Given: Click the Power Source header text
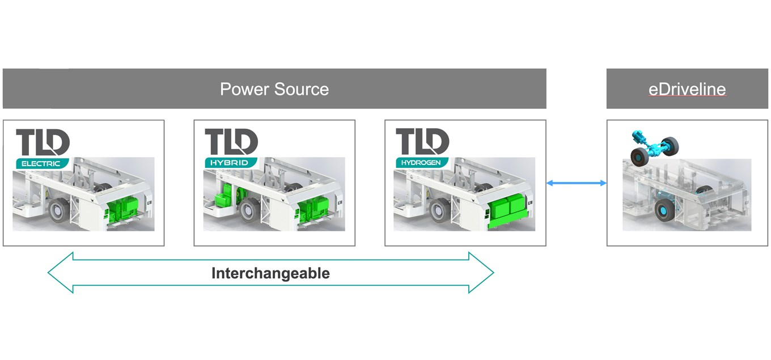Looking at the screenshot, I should click(x=274, y=89).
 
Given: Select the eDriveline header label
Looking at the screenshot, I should click(x=687, y=89).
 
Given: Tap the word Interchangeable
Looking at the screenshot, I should click(x=270, y=273).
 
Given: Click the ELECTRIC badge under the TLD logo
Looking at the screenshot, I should click(x=41, y=163).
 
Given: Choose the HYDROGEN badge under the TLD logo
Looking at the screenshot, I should click(x=421, y=163).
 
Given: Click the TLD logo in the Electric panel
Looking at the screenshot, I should click(x=43, y=142).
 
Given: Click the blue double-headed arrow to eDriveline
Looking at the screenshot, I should click(x=576, y=183).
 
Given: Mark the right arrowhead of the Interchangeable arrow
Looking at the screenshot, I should click(x=481, y=273).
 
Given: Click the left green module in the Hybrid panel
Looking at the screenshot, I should click(x=224, y=199).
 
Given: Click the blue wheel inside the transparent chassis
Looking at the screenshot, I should click(x=664, y=210).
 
